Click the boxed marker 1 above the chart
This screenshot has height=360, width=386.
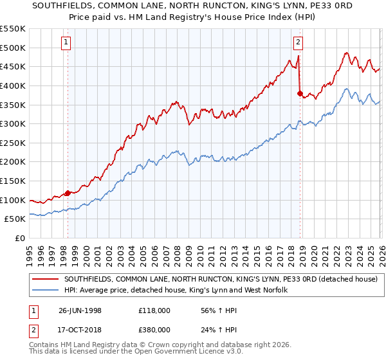click(68, 43)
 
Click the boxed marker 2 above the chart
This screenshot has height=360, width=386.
click(299, 43)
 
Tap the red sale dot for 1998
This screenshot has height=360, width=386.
click(68, 193)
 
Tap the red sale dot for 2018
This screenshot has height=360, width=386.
click(300, 93)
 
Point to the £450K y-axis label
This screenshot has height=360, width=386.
click(14, 67)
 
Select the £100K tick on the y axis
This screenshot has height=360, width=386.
click(14, 201)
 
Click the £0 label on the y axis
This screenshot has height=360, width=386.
click(20, 239)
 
